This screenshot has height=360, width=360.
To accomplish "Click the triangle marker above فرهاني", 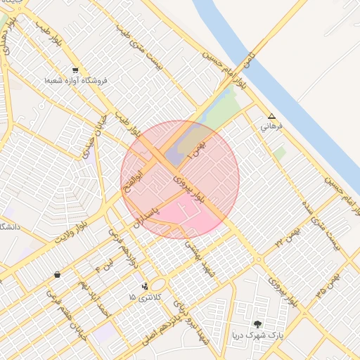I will (272, 117).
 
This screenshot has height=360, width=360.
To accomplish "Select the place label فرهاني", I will (271, 127).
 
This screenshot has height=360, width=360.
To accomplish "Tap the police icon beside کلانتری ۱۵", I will (145, 286).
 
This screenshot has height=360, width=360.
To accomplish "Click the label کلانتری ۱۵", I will (145, 297).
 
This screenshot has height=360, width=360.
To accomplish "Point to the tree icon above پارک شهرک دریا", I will (258, 324).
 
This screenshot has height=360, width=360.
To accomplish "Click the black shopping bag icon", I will (57, 274).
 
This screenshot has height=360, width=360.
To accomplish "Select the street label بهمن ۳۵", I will (324, 276).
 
